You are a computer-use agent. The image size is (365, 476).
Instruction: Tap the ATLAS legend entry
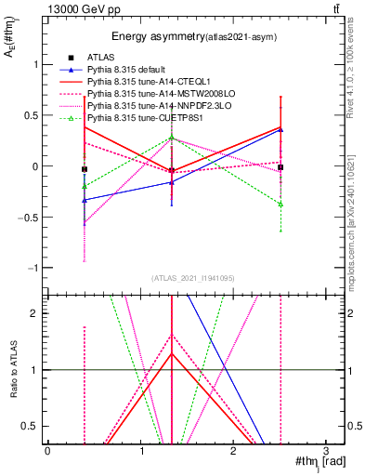pyautogui.click(x=100, y=58)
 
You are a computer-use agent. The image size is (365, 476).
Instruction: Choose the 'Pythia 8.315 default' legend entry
pyautogui.click(x=131, y=70)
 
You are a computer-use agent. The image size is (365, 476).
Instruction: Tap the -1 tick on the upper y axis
pyautogui.click(x=35, y=268)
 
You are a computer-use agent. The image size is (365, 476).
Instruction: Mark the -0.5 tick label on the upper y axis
pyautogui.click(x=31, y=218)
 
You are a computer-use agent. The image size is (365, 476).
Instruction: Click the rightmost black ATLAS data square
pyautogui.click(x=280, y=167)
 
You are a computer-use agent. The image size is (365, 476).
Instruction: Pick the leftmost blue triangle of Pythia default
pyautogui.click(x=85, y=200)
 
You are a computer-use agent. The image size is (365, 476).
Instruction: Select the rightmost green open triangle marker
pyautogui.click(x=280, y=203)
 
